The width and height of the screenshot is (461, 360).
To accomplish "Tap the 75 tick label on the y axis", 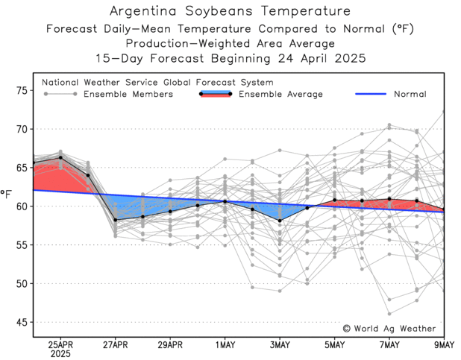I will tap(21, 90).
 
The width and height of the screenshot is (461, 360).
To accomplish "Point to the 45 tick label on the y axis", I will tap(21, 322).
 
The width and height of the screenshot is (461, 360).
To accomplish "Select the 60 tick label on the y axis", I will tap(21, 206).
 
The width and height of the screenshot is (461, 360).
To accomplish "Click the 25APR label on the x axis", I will tap(60, 344).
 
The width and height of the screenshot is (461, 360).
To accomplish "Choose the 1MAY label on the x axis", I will tap(225, 344).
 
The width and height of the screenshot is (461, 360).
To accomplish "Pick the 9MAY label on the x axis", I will tap(445, 344).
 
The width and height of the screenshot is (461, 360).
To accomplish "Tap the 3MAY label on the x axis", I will tap(280, 344).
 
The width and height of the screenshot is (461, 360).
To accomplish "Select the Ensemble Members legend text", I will tap(128, 95).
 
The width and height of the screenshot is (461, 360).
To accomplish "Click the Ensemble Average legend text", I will tap(280, 95).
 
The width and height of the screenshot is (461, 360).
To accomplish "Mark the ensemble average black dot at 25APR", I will tap(60, 157).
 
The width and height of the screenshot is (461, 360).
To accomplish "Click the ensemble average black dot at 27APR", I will tap(116, 220).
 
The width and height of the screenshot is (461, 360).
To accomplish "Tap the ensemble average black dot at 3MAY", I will tap(280, 221).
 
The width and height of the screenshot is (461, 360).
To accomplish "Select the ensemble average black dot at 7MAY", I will tap(389, 199).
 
